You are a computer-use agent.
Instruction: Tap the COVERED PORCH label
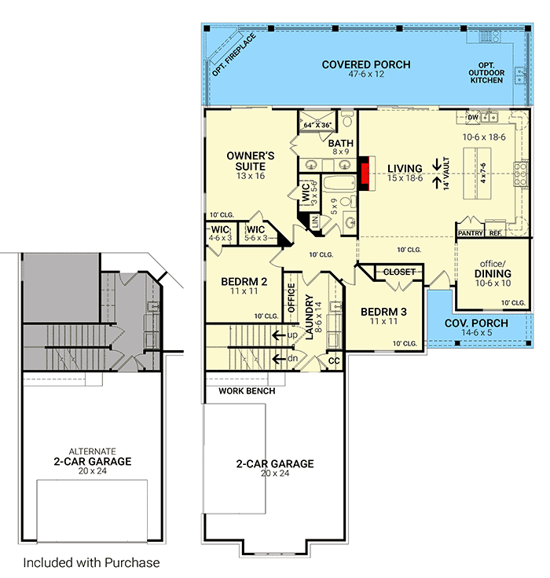(365, 64)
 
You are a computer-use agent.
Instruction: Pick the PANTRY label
(469, 233)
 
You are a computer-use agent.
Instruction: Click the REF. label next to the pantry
(495, 233)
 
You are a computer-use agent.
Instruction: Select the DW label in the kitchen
(472, 118)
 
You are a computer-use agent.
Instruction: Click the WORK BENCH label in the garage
(247, 390)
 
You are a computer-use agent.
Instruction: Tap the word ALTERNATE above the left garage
(93, 452)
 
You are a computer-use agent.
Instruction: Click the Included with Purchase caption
(91, 562)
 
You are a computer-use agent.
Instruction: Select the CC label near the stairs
(333, 360)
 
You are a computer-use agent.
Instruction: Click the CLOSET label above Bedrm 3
(399, 273)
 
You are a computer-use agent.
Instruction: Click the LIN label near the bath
(315, 223)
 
